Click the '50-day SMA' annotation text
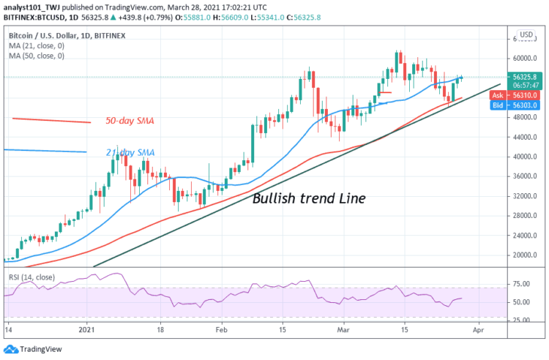click(x=130, y=120)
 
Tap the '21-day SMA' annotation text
click(x=130, y=152)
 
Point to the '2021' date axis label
click(x=88, y=330)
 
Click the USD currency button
click(x=526, y=35)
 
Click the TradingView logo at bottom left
click(x=35, y=349)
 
